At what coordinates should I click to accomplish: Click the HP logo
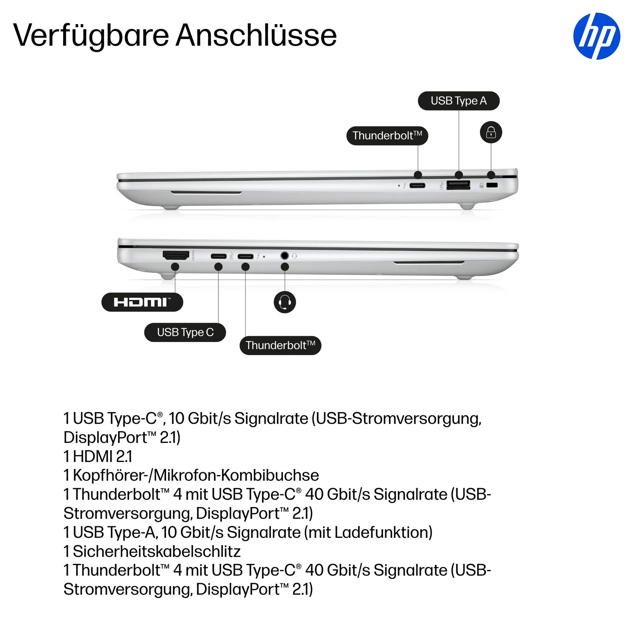tap(596, 36)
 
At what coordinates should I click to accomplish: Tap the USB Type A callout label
tap(458, 101)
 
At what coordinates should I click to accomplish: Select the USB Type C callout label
tap(185, 332)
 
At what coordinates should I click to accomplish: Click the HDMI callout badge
tap(142, 302)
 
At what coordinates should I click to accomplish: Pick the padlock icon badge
tap(491, 133)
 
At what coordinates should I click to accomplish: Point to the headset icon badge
tap(284, 302)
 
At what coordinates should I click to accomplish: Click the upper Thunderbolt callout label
tap(387, 136)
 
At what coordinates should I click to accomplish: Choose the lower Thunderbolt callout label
tap(280, 345)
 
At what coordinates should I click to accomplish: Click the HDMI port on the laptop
tap(176, 255)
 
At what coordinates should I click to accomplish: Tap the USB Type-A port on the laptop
tap(458, 185)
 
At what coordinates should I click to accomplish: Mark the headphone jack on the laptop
tap(284, 256)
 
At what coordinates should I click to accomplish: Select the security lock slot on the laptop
tap(492, 185)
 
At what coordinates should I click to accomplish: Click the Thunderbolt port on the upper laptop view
tap(417, 186)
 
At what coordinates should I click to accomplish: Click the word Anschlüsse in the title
tap(256, 35)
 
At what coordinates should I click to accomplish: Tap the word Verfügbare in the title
tap(91, 35)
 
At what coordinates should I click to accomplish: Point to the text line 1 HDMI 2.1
tap(98, 456)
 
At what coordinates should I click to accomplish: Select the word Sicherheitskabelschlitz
tap(156, 551)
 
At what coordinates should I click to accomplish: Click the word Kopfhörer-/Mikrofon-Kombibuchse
tap(196, 475)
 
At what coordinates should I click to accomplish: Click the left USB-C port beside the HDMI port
tap(219, 256)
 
